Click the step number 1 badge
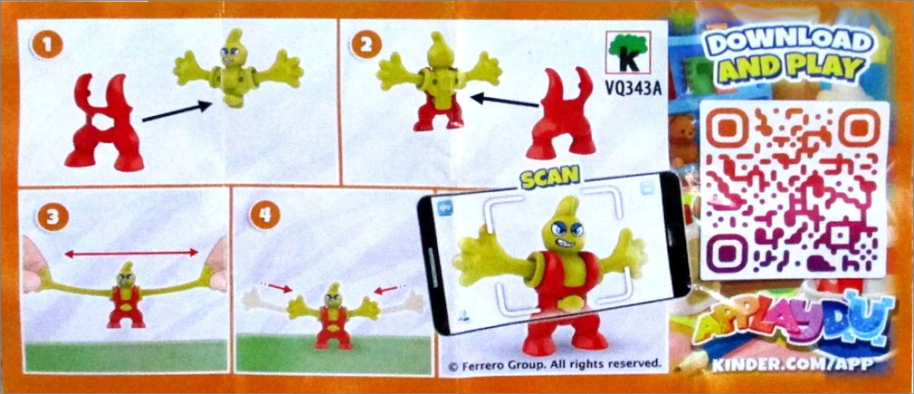click(x=47, y=44)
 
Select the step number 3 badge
click(x=53, y=216)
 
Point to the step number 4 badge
click(x=265, y=214)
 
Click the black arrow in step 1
click(x=177, y=111)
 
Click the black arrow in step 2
click(x=504, y=101)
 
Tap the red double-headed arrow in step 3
click(x=131, y=254)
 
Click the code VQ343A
click(x=633, y=88)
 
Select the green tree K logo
click(x=628, y=53)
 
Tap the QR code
click(x=794, y=190)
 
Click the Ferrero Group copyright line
click(x=554, y=364)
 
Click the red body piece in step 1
click(x=104, y=123)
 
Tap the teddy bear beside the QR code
click(x=683, y=139)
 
